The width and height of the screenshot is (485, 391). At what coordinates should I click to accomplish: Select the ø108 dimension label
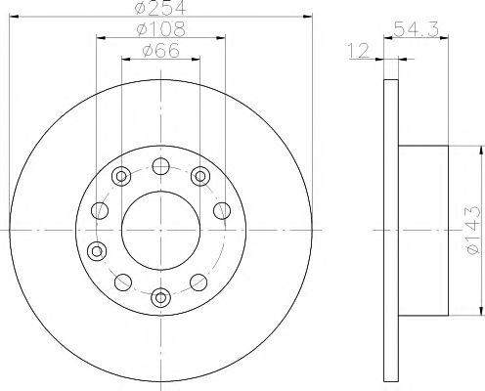[160, 30]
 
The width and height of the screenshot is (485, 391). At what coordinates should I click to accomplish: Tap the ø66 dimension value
[160, 51]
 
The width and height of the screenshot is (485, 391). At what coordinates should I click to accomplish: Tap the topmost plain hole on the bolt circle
[160, 166]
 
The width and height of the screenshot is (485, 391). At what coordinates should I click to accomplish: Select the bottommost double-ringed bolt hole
[160, 295]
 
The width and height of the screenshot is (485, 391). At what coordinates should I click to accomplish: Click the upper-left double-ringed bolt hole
[121, 176]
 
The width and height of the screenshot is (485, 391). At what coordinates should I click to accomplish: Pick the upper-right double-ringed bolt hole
[200, 176]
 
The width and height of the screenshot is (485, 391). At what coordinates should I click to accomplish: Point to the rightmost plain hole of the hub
[221, 209]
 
